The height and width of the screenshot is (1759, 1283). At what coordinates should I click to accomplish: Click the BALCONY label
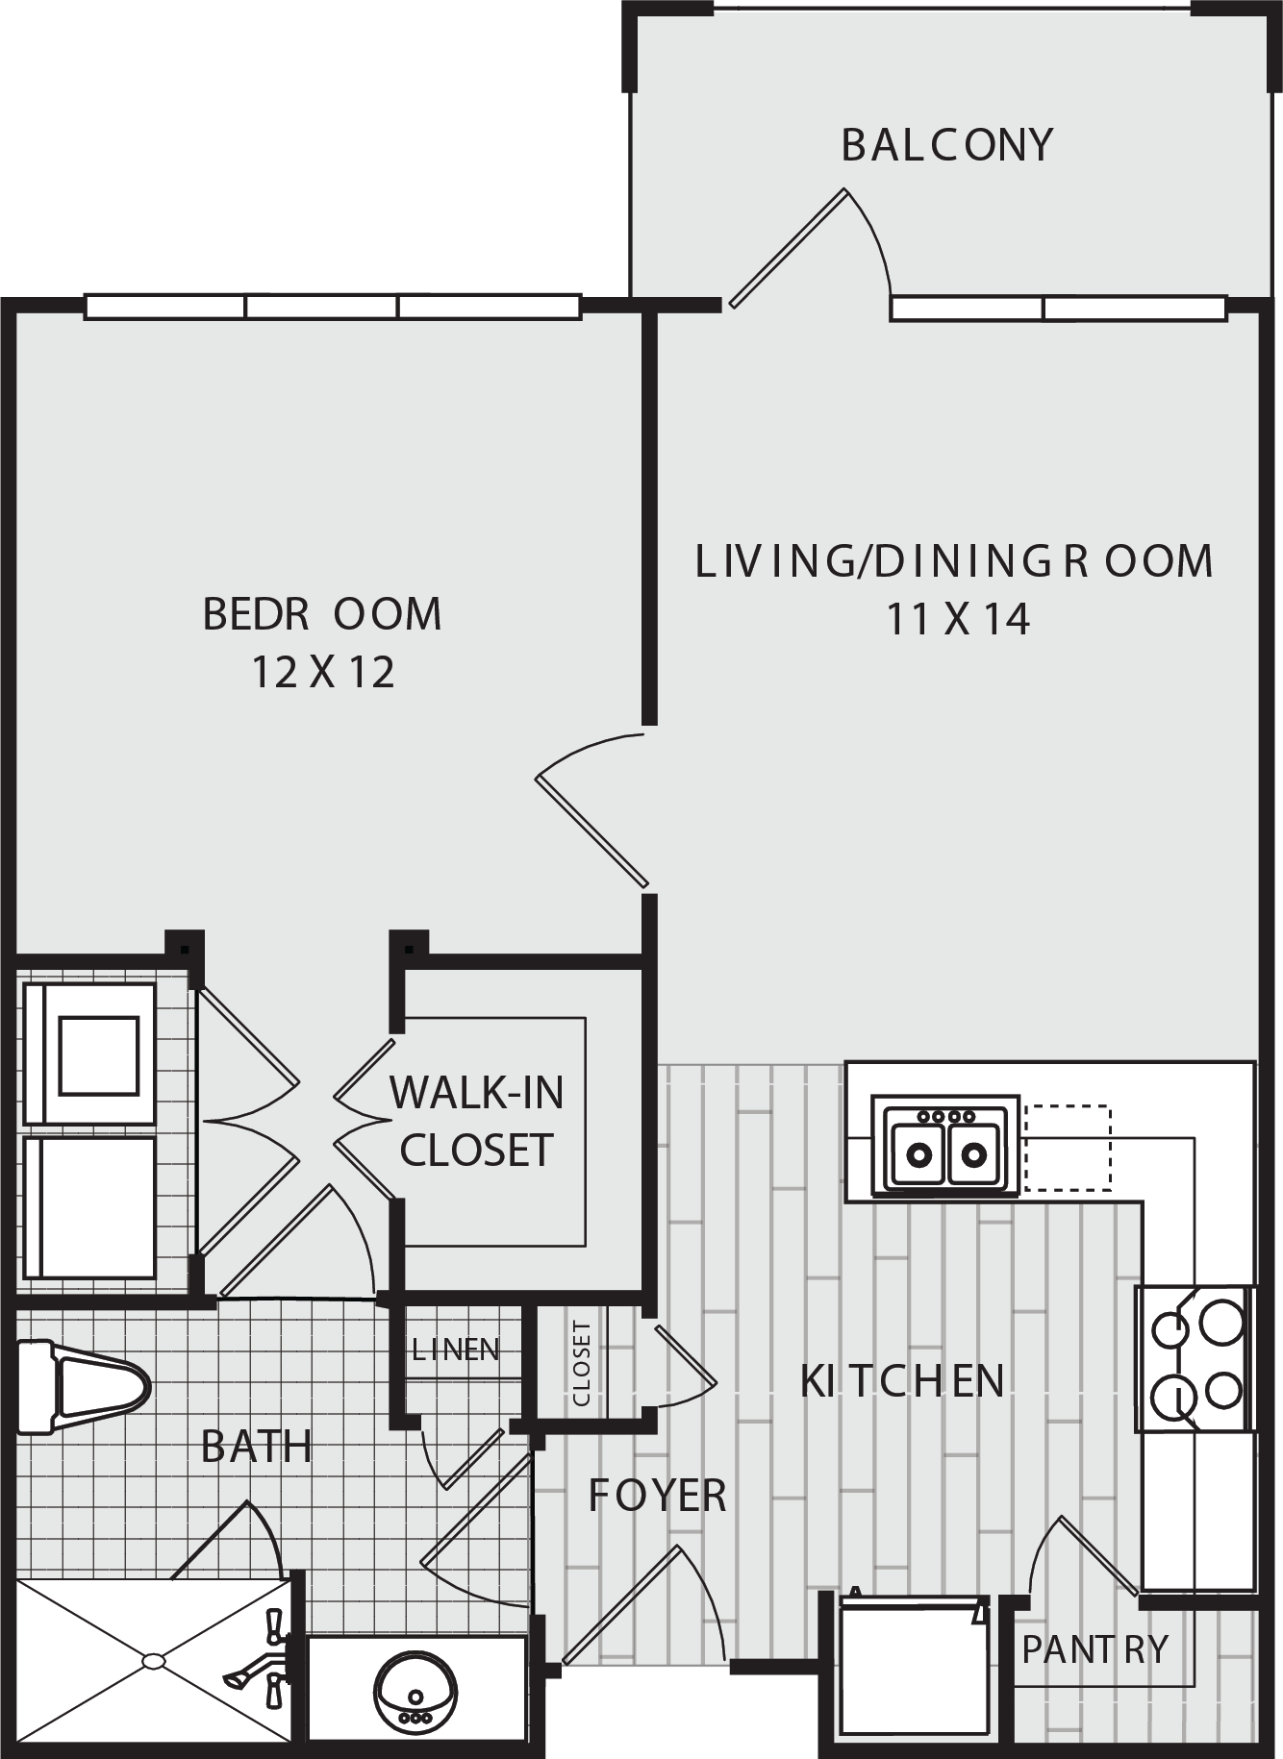pyautogui.click(x=947, y=145)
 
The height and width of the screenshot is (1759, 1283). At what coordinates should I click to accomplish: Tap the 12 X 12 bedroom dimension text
pyautogui.click(x=323, y=673)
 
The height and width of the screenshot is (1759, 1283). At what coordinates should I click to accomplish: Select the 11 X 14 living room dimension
pyautogui.click(x=958, y=619)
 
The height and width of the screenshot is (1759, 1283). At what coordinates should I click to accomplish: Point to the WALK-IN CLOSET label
pyautogui.click(x=476, y=1121)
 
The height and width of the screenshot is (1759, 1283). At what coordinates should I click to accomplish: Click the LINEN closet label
pyautogui.click(x=456, y=1350)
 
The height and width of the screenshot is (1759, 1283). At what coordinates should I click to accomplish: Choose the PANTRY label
pyautogui.click(x=1094, y=1649)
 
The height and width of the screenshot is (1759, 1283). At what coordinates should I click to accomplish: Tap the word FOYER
pyautogui.click(x=657, y=1496)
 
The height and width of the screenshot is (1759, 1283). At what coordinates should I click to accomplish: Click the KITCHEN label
pyautogui.click(x=902, y=1381)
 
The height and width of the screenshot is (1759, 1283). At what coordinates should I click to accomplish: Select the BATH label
pyautogui.click(x=257, y=1447)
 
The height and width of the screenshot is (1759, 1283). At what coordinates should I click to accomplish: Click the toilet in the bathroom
pyautogui.click(x=85, y=1387)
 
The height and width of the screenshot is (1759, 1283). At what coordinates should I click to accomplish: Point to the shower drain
pyautogui.click(x=154, y=1659)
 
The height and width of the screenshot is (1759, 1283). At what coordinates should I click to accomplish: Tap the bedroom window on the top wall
pyautogui.click(x=333, y=307)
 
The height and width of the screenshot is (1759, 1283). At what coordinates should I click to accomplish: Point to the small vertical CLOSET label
pyautogui.click(x=581, y=1363)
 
